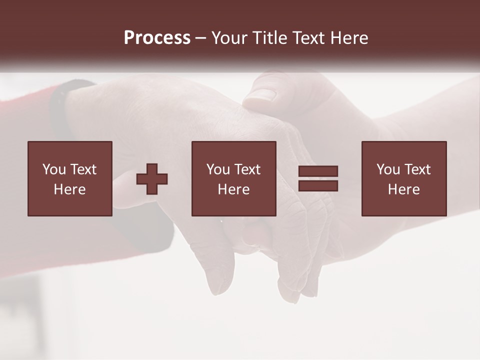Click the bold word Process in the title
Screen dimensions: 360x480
[x=157, y=38]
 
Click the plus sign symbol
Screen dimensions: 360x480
[x=152, y=179]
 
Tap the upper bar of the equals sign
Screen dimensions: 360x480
[x=318, y=171]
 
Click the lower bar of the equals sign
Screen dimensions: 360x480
[x=318, y=186]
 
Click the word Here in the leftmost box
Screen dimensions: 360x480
[x=69, y=189]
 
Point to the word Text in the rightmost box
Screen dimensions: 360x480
[x=416, y=169]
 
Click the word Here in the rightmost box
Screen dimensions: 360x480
[x=403, y=189]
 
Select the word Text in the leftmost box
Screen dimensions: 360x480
[x=82, y=169]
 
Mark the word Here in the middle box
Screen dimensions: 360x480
[x=233, y=189]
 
